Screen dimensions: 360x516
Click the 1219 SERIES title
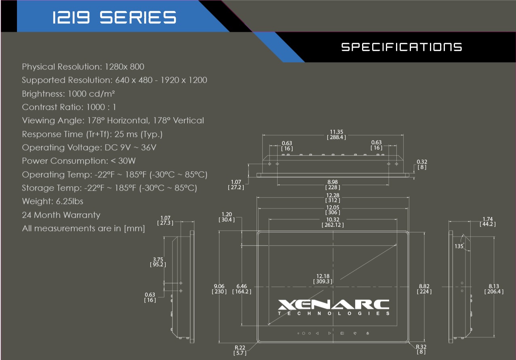pos(114,17)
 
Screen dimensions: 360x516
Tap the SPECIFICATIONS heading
pos(402,47)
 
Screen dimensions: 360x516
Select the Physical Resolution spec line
pos(83,67)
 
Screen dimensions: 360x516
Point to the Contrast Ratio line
pos(69,107)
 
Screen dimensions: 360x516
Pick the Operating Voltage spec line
pos(89,147)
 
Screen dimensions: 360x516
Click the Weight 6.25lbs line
pos(53,201)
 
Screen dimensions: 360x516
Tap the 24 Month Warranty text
pos(61,215)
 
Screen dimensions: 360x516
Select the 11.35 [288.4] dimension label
pos(336,135)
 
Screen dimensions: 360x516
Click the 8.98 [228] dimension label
pos(333,185)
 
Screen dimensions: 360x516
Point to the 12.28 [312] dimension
pos(333,198)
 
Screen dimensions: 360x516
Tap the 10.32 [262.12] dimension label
pos(333,222)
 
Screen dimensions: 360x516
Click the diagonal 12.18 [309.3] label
pos(322,278)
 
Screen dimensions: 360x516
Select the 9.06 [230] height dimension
pos(219,289)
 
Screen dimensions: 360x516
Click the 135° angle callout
pos(459,246)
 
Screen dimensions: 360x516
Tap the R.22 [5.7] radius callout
pos(240,350)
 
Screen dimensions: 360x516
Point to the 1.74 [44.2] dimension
pos(489,221)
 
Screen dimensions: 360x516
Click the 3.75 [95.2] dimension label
pos(158,262)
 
